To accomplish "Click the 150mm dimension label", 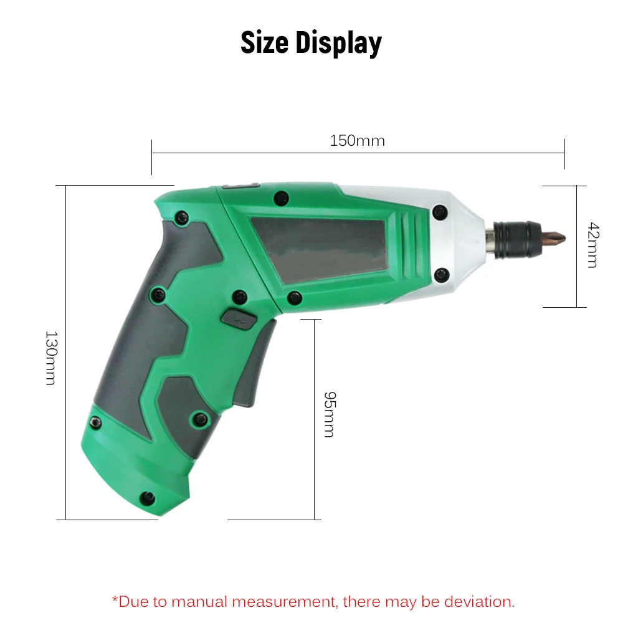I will point(357,141).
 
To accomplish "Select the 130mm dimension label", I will point(50,357).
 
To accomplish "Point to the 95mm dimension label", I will point(329,414).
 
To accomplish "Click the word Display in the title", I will point(338,43).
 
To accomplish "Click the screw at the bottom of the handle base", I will point(148,497).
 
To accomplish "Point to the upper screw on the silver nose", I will point(440,212).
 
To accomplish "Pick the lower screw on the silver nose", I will point(441,273).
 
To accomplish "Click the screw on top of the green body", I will point(282,199).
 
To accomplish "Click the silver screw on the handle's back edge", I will point(96,423).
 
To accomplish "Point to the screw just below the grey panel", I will point(295,298).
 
